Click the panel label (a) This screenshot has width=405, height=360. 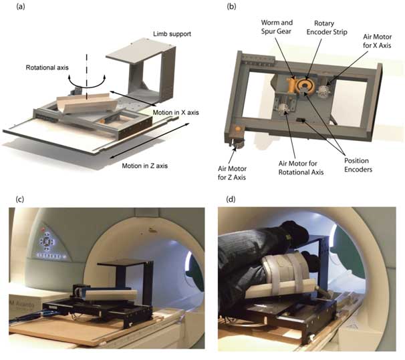click(x=15, y=7)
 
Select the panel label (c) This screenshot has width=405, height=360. click(x=15, y=199)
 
